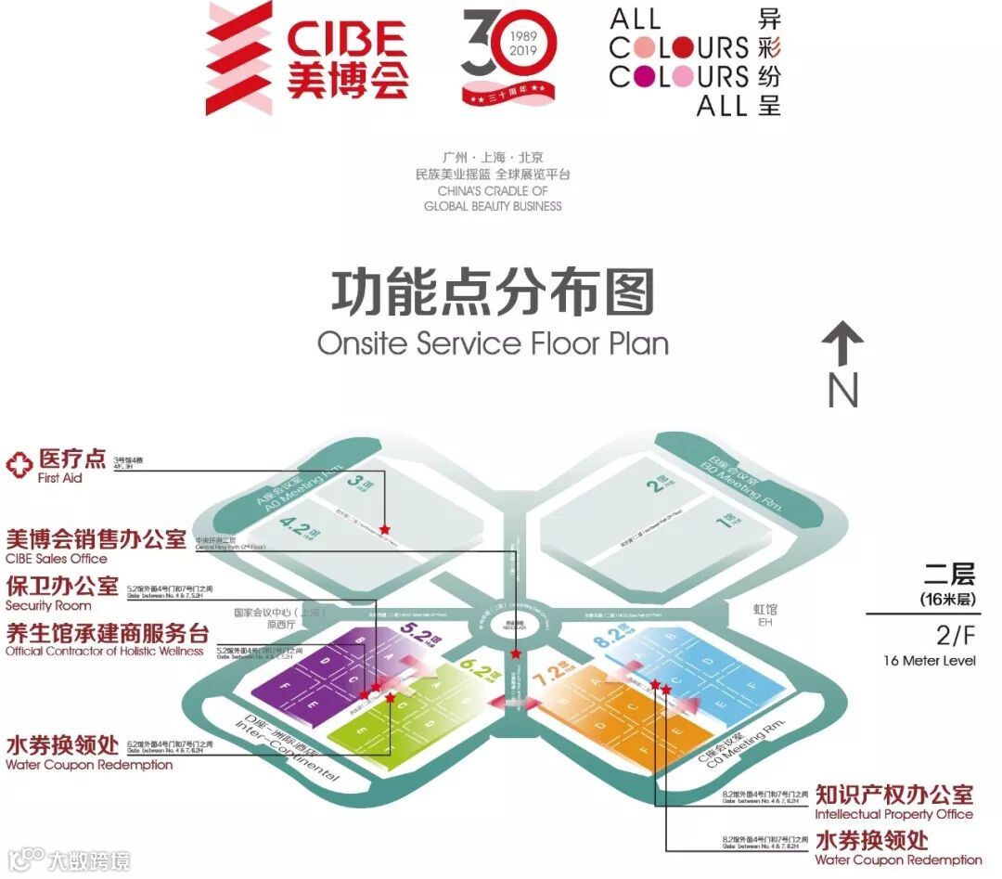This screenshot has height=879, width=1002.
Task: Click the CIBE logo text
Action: pyautogui.click(x=346, y=39)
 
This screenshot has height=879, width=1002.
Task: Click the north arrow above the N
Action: pyautogui.click(x=842, y=343)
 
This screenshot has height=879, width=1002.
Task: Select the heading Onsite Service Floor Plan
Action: pyautogui.click(x=493, y=343)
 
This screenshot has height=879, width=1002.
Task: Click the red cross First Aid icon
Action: pyautogui.click(x=19, y=464)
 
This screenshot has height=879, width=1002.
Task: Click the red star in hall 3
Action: pyautogui.click(x=385, y=529)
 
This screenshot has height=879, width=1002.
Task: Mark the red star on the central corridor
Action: pyautogui.click(x=516, y=654)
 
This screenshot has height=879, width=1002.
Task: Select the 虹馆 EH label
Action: pyautogui.click(x=766, y=615)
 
